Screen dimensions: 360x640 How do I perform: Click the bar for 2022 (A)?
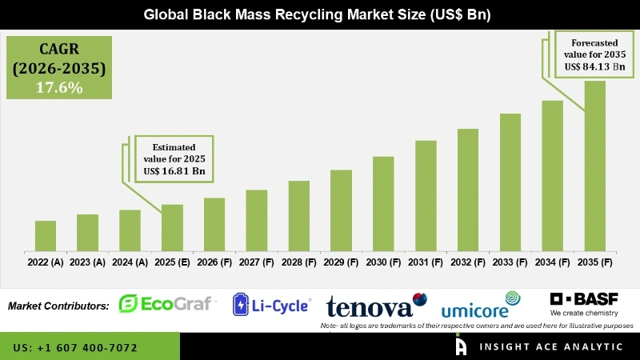pyautogui.click(x=46, y=236)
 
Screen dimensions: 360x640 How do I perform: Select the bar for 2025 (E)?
pyautogui.click(x=172, y=228)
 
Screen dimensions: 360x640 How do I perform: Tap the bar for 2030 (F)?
pyautogui.click(x=383, y=204)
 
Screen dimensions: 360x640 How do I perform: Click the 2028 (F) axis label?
pyautogui.click(x=299, y=262)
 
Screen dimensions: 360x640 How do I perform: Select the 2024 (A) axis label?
pyautogui.click(x=130, y=262)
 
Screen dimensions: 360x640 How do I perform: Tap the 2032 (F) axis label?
pyautogui.click(x=468, y=262)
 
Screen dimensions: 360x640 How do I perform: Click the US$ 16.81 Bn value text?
pyautogui.click(x=175, y=171)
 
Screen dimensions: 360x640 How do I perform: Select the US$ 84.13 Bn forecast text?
pyautogui.click(x=594, y=66)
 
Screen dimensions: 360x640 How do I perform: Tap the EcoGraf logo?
pyautogui.click(x=166, y=304)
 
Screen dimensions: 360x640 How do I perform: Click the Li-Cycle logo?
pyautogui.click(x=271, y=304)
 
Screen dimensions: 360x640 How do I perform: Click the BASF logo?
pyautogui.click(x=584, y=302)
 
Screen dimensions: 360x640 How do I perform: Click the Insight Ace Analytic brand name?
pyautogui.click(x=550, y=347)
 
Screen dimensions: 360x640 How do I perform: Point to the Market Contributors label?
pyautogui.click(x=58, y=306)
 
